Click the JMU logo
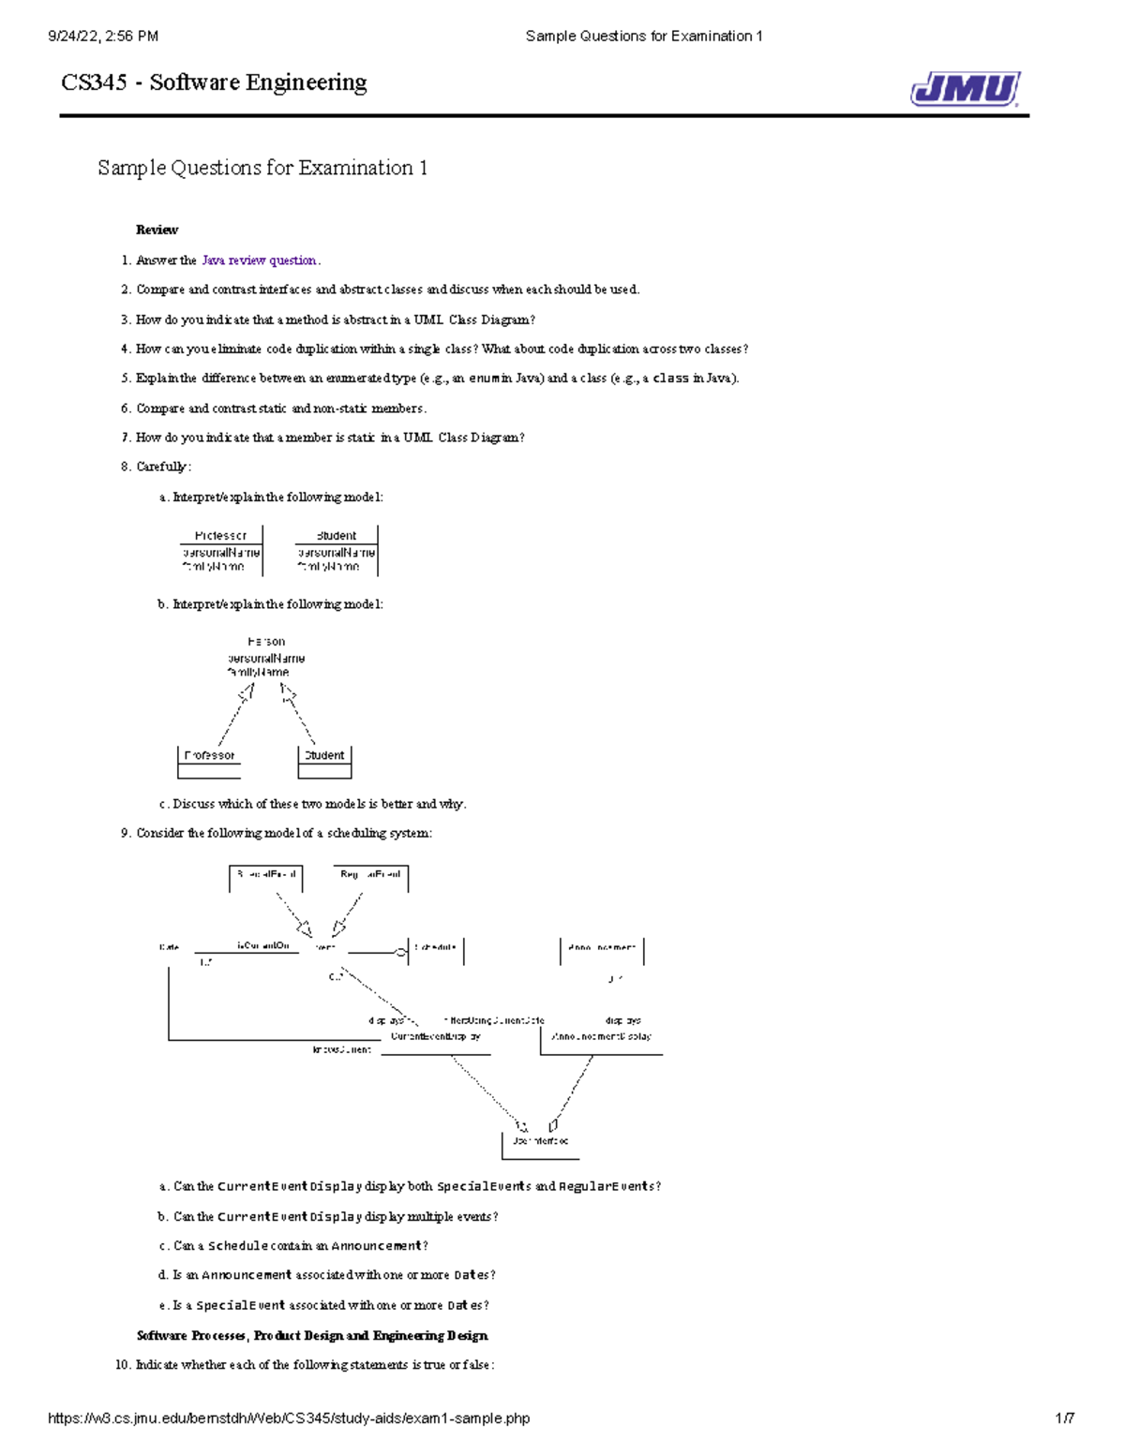click(x=965, y=89)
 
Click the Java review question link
click(x=260, y=260)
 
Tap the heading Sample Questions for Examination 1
click(x=262, y=168)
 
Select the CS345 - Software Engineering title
click(x=214, y=82)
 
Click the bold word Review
click(x=157, y=230)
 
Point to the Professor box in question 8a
click(x=221, y=550)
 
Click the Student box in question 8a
click(x=337, y=550)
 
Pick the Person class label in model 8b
click(x=266, y=642)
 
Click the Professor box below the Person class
click(x=209, y=761)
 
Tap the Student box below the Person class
click(x=324, y=761)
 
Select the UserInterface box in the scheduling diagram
click(x=540, y=1142)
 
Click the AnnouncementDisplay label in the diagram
click(x=601, y=1037)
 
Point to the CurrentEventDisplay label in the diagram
click(x=436, y=1037)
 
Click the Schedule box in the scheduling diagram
click(x=436, y=948)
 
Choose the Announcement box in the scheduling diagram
click(x=601, y=948)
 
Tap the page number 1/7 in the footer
click(x=1064, y=1418)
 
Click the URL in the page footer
click(x=289, y=1418)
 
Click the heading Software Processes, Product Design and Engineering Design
click(x=312, y=1335)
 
